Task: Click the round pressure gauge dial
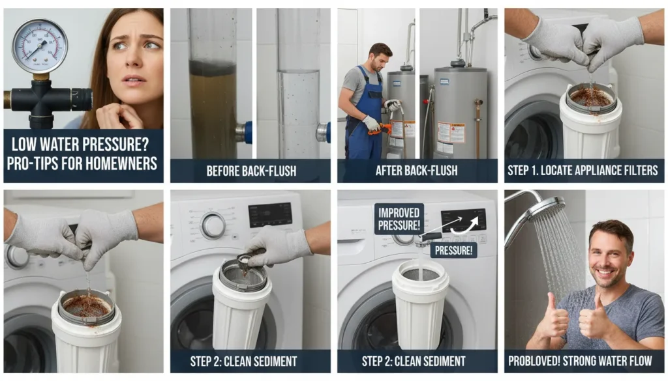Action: pos(40,46)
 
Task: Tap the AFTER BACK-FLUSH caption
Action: pos(417,171)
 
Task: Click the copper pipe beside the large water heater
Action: pos(479,127)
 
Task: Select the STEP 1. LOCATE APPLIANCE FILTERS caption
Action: pos(584,171)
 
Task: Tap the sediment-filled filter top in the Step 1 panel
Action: pos(590,98)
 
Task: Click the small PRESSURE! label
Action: pos(453,249)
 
